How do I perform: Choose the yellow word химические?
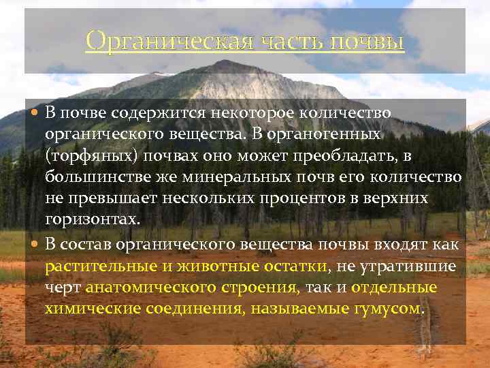92,309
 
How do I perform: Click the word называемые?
293,309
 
